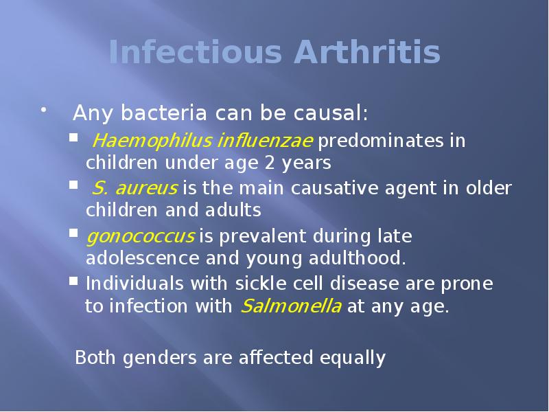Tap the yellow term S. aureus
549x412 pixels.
pyautogui.click(x=135, y=187)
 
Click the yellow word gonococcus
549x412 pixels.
pyautogui.click(x=140, y=237)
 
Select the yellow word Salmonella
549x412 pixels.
pyautogui.click(x=291, y=306)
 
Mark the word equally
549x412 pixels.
pyautogui.click(x=352, y=358)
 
